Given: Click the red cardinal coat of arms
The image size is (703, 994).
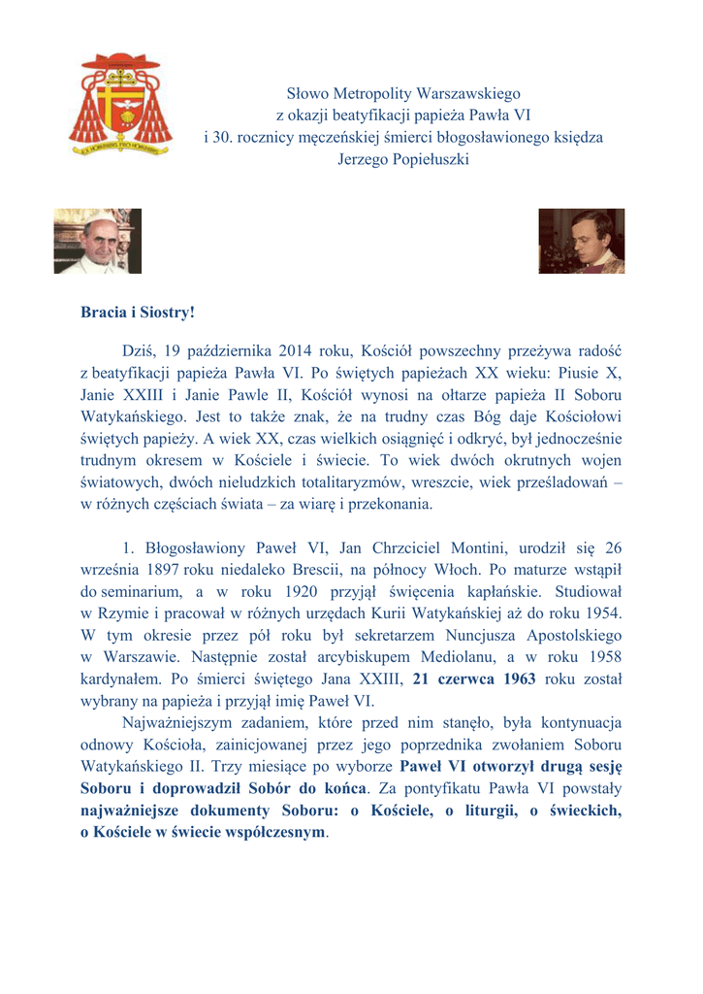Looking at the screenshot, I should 121,105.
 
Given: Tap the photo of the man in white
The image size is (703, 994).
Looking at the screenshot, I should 97,241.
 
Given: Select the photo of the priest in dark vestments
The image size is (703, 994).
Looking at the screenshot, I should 582,241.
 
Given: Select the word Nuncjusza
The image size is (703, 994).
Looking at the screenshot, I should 495,635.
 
